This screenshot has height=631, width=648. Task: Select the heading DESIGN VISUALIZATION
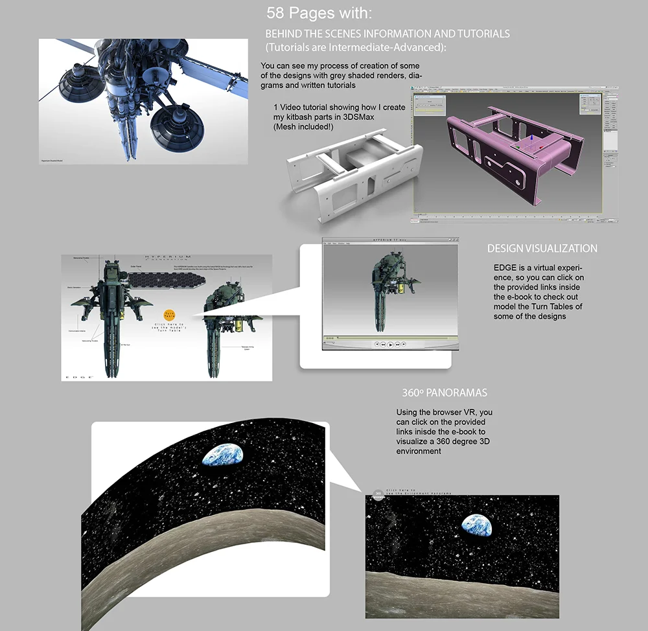[542, 248]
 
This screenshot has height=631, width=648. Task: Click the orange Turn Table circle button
[170, 314]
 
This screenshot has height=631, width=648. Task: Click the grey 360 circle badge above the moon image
[378, 495]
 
